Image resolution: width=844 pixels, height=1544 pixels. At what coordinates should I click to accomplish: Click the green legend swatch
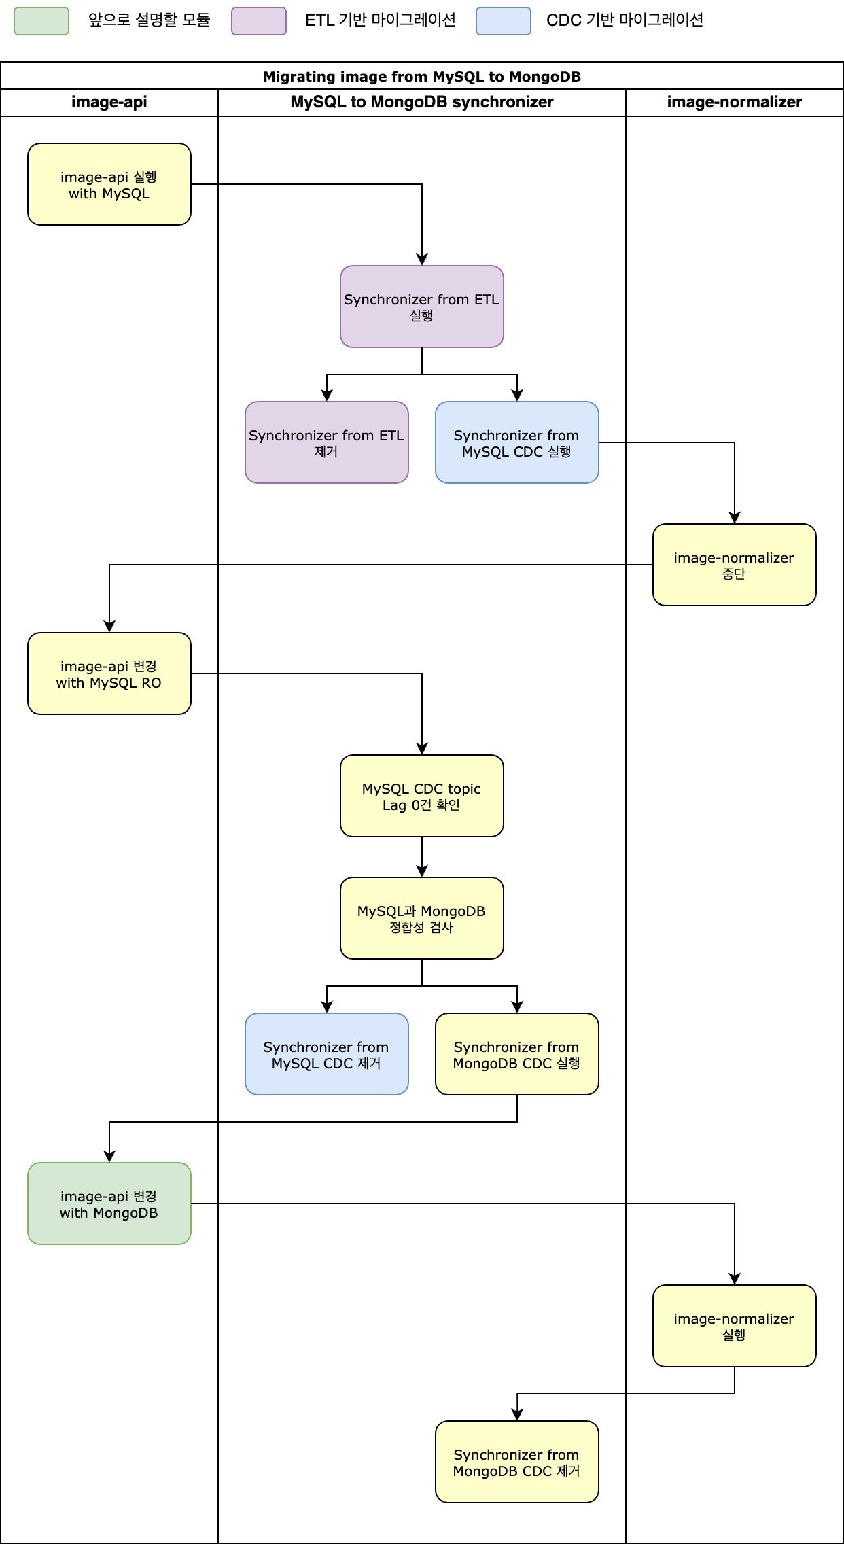pyautogui.click(x=41, y=21)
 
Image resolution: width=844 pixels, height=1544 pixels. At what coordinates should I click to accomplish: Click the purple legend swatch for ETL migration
pyautogui.click(x=259, y=21)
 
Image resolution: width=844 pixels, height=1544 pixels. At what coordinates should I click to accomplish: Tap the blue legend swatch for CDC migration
pyautogui.click(x=504, y=21)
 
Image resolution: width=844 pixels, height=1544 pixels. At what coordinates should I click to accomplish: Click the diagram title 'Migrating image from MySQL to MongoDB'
pyautogui.click(x=422, y=76)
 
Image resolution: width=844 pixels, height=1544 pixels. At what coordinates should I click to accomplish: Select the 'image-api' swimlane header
pyautogui.click(x=109, y=102)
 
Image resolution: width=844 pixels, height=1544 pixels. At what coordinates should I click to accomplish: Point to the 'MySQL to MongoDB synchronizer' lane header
pyautogui.click(x=422, y=102)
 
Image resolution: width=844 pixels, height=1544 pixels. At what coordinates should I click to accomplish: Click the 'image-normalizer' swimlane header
pyautogui.click(x=735, y=102)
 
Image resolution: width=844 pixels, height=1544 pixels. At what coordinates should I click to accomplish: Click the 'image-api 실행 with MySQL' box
pyautogui.click(x=109, y=184)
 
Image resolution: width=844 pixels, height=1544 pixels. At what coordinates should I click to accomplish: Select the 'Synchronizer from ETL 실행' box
pyautogui.click(x=422, y=306)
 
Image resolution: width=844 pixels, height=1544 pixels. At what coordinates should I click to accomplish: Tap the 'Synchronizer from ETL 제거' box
pyautogui.click(x=327, y=442)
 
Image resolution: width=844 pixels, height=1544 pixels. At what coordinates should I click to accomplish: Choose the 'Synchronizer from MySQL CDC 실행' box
pyautogui.click(x=517, y=442)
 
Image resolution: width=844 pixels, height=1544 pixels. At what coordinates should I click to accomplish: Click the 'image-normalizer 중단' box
pyautogui.click(x=735, y=565)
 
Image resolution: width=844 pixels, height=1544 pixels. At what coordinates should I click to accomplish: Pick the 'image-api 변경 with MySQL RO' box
pyautogui.click(x=109, y=673)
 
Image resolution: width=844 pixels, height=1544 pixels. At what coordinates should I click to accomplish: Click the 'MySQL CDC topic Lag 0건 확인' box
pyautogui.click(x=422, y=796)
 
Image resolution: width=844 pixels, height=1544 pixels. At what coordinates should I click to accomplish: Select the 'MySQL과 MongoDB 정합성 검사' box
pyautogui.click(x=422, y=918)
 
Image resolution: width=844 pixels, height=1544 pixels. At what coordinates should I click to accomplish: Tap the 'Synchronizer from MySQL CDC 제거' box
pyautogui.click(x=327, y=1054)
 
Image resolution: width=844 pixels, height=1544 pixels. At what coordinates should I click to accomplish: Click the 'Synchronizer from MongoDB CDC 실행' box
pyautogui.click(x=517, y=1054)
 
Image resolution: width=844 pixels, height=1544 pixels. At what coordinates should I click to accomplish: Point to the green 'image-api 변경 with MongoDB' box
pyautogui.click(x=109, y=1204)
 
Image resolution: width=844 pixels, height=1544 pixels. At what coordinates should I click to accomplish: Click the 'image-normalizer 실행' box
pyautogui.click(x=735, y=1326)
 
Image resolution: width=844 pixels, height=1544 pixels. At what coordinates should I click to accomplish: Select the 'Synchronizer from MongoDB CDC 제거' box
pyautogui.click(x=517, y=1462)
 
